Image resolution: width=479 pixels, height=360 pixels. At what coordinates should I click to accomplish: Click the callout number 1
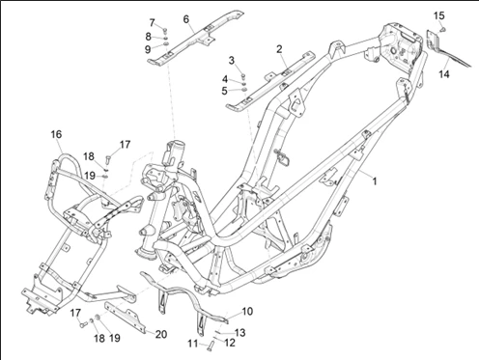(375, 181)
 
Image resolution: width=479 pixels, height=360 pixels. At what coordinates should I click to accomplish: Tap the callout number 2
(279, 49)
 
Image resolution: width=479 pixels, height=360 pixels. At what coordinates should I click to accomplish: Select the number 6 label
(186, 19)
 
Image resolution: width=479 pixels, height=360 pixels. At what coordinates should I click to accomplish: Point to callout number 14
(444, 74)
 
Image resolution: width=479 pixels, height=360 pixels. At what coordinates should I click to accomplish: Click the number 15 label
(439, 15)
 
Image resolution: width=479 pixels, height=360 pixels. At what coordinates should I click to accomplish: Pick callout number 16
(56, 134)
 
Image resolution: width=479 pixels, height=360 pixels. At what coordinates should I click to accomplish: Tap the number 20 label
(161, 334)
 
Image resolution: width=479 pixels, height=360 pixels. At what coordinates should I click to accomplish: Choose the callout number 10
(247, 312)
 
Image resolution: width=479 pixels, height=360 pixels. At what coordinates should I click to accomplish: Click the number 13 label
(240, 332)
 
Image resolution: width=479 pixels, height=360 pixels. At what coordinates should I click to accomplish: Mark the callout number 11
(193, 344)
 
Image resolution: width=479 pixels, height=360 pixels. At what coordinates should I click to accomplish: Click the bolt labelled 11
(211, 346)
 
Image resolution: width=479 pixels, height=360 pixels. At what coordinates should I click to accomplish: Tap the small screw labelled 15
(443, 30)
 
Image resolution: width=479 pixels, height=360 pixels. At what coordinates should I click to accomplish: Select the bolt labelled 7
(165, 31)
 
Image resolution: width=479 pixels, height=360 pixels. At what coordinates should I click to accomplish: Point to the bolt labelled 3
(243, 76)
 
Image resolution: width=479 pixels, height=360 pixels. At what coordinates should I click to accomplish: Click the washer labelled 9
(165, 44)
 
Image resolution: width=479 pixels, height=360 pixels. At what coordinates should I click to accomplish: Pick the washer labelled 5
(244, 89)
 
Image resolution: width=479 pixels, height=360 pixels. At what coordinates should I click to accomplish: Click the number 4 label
(225, 79)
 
